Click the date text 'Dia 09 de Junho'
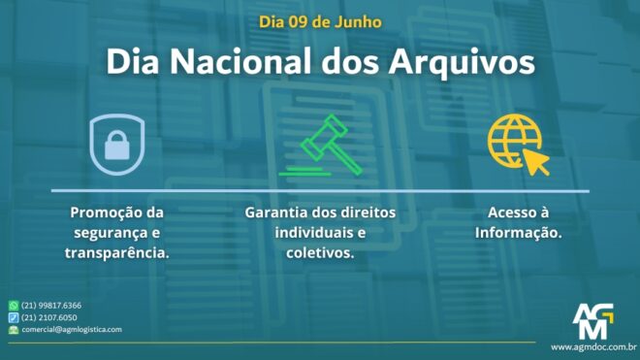click(x=320, y=20)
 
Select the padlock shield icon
click(x=116, y=142)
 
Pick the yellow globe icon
click(x=515, y=142)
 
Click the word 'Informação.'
click(x=518, y=233)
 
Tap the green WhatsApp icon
click(x=14, y=306)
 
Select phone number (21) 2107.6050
click(x=49, y=317)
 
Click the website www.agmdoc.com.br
click(x=592, y=346)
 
